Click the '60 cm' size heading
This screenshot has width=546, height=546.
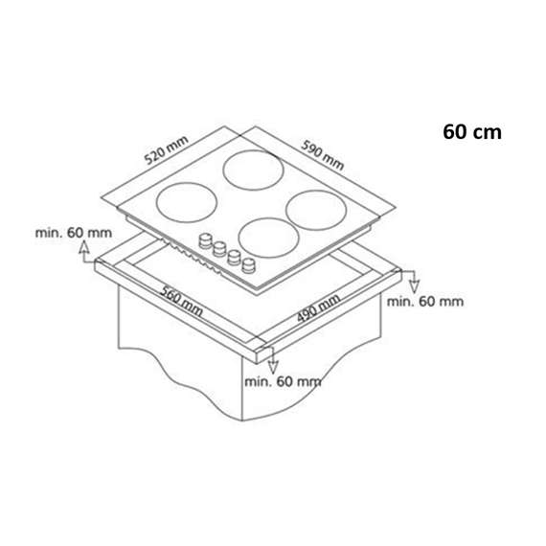(x=472, y=131)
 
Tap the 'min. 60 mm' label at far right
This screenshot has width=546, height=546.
(x=425, y=301)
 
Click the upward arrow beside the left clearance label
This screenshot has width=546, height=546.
(x=84, y=252)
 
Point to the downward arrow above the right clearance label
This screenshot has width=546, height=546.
(x=413, y=282)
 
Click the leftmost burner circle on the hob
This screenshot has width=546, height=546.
(x=187, y=203)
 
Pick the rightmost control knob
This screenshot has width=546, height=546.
(x=250, y=263)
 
